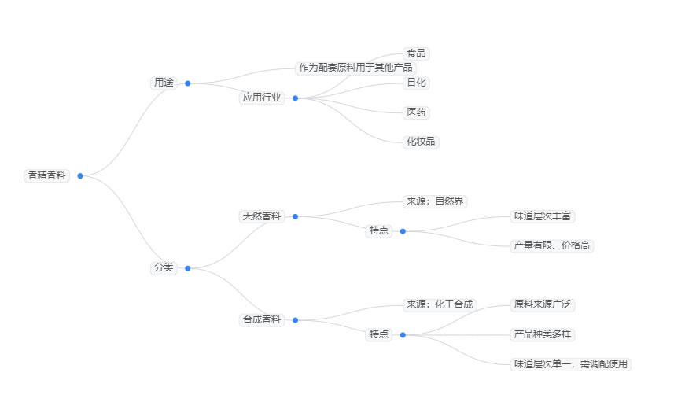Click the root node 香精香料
(x=47, y=175)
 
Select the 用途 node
(x=164, y=83)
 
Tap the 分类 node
(x=164, y=267)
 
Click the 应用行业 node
(x=262, y=98)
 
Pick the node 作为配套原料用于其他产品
(x=355, y=68)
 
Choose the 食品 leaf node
(x=416, y=53)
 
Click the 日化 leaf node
(x=416, y=83)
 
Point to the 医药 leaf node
(x=416, y=112)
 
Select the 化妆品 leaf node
(x=422, y=142)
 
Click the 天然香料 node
(x=262, y=216)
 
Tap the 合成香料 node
(x=262, y=319)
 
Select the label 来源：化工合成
(x=440, y=304)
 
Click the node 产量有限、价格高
(x=552, y=245)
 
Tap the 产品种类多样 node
(x=543, y=334)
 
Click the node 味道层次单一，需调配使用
(x=571, y=363)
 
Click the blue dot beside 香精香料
(x=80, y=175)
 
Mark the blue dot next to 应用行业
(x=295, y=98)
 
